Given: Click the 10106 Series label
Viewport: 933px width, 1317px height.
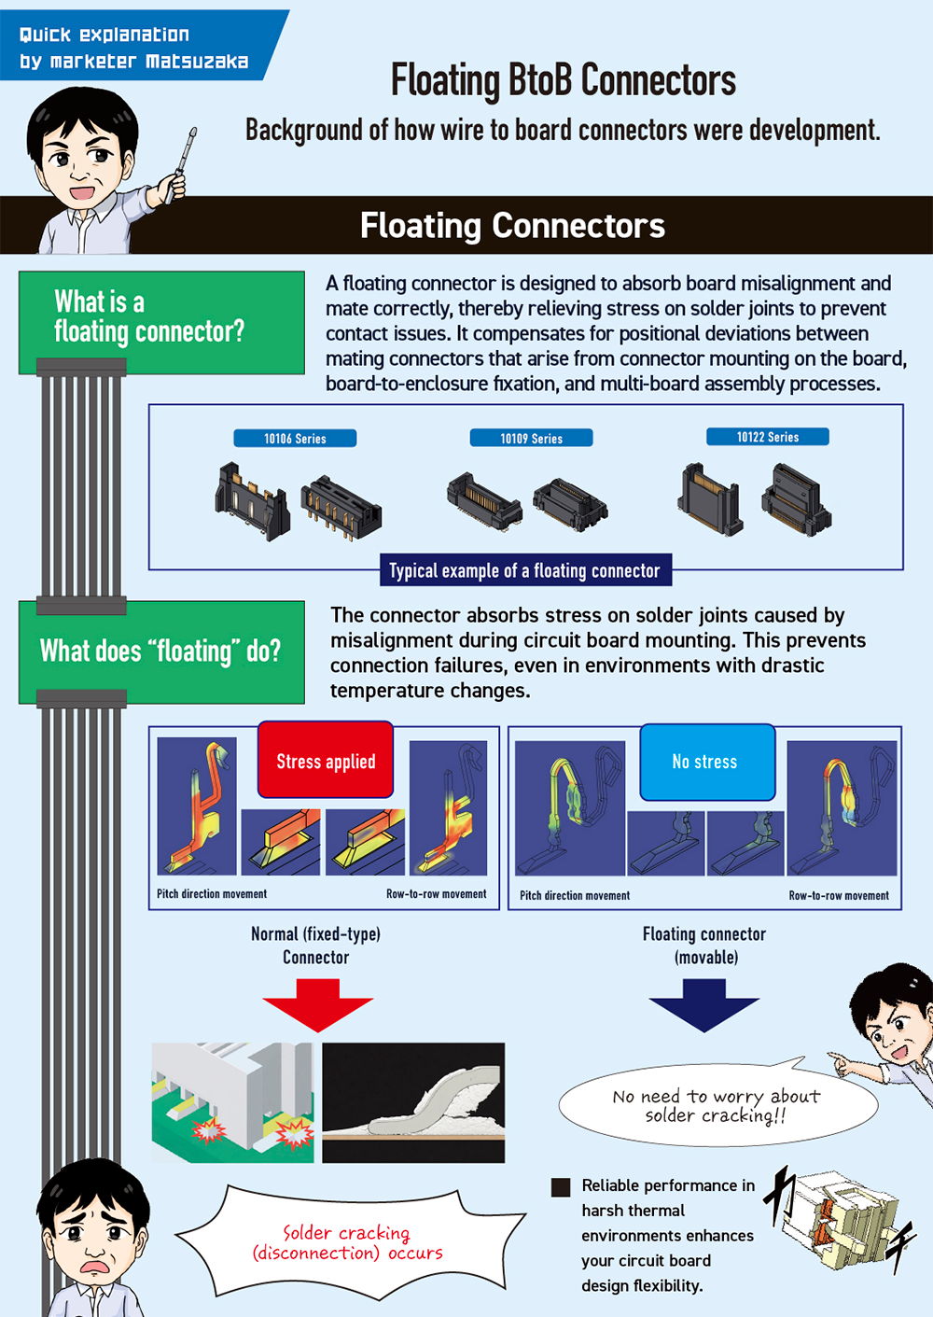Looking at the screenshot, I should click(295, 438).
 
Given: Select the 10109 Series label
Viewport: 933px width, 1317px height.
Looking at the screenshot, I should click(531, 438).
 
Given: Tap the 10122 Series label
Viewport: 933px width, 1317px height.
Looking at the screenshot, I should click(768, 437).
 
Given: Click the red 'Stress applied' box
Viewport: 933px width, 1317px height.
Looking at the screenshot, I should click(326, 761).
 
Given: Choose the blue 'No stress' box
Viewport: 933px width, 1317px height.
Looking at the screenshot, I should click(706, 762).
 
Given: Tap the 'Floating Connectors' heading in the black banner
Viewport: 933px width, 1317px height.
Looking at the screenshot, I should click(512, 226).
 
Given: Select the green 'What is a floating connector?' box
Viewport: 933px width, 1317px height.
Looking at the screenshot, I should click(161, 321).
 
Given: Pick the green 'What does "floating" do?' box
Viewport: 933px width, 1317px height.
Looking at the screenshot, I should click(161, 651).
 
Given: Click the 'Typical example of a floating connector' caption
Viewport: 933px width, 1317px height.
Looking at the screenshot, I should click(525, 570).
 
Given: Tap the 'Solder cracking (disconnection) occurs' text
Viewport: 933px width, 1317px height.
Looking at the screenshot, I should click(347, 1242).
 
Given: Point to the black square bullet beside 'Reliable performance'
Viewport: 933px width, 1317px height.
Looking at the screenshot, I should click(561, 1186).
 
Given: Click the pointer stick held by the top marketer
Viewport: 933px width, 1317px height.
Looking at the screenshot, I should click(185, 154).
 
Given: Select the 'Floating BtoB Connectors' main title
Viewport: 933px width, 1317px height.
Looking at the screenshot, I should click(564, 80).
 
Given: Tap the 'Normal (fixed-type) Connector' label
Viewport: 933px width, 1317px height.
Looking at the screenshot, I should click(316, 946).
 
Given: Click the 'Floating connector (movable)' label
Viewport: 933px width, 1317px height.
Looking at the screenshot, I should click(704, 946).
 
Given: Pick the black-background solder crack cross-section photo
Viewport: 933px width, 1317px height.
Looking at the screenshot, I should click(413, 1102).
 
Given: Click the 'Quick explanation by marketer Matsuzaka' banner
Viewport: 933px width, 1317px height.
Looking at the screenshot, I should click(135, 48).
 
